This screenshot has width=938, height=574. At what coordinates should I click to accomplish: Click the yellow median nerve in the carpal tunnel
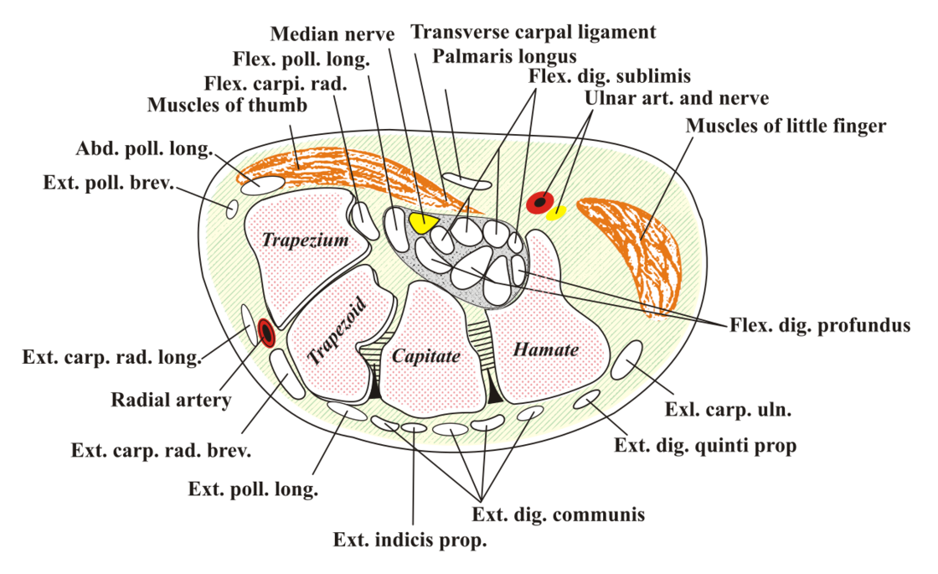[424, 222]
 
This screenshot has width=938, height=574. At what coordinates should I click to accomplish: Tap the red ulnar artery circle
[540, 202]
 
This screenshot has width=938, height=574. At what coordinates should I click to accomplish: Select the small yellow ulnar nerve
[557, 213]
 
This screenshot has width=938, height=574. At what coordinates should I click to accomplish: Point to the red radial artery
[265, 333]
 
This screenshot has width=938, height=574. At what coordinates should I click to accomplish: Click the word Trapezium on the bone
[305, 240]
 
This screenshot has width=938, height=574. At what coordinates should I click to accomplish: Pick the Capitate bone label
[426, 356]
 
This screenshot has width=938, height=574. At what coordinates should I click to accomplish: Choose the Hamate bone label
[545, 349]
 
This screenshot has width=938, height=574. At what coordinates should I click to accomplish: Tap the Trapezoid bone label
[336, 329]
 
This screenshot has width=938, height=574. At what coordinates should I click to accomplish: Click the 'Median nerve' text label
[332, 34]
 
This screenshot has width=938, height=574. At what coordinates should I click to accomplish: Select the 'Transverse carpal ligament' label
[533, 32]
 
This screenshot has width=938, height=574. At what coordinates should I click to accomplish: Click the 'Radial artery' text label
[171, 399]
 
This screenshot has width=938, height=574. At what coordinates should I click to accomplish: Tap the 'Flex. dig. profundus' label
[820, 325]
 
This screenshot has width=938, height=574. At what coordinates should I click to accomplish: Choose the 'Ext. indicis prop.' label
[410, 540]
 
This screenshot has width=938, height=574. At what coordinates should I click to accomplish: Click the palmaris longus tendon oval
[466, 181]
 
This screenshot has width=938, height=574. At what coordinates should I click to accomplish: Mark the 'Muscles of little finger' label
[786, 126]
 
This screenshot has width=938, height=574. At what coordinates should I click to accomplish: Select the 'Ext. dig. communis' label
[558, 515]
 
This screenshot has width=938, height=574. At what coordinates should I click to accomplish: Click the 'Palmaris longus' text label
[504, 56]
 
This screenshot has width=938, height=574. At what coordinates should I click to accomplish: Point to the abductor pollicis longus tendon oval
[262, 184]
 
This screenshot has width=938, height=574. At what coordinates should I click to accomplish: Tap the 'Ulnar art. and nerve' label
[676, 97]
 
